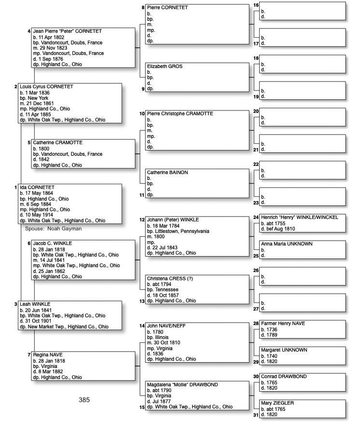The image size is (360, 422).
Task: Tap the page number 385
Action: tap(84, 400)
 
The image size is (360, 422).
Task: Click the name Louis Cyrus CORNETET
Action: tap(46, 87)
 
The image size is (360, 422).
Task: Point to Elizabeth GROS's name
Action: tap(165, 67)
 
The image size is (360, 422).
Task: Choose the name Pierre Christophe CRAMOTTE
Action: tap(180, 114)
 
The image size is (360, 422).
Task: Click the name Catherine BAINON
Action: tap(167, 173)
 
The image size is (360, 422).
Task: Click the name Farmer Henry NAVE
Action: tap(283, 323)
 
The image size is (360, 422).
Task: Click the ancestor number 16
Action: tap(256, 5)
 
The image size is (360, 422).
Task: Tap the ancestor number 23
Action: tap(256, 203)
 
